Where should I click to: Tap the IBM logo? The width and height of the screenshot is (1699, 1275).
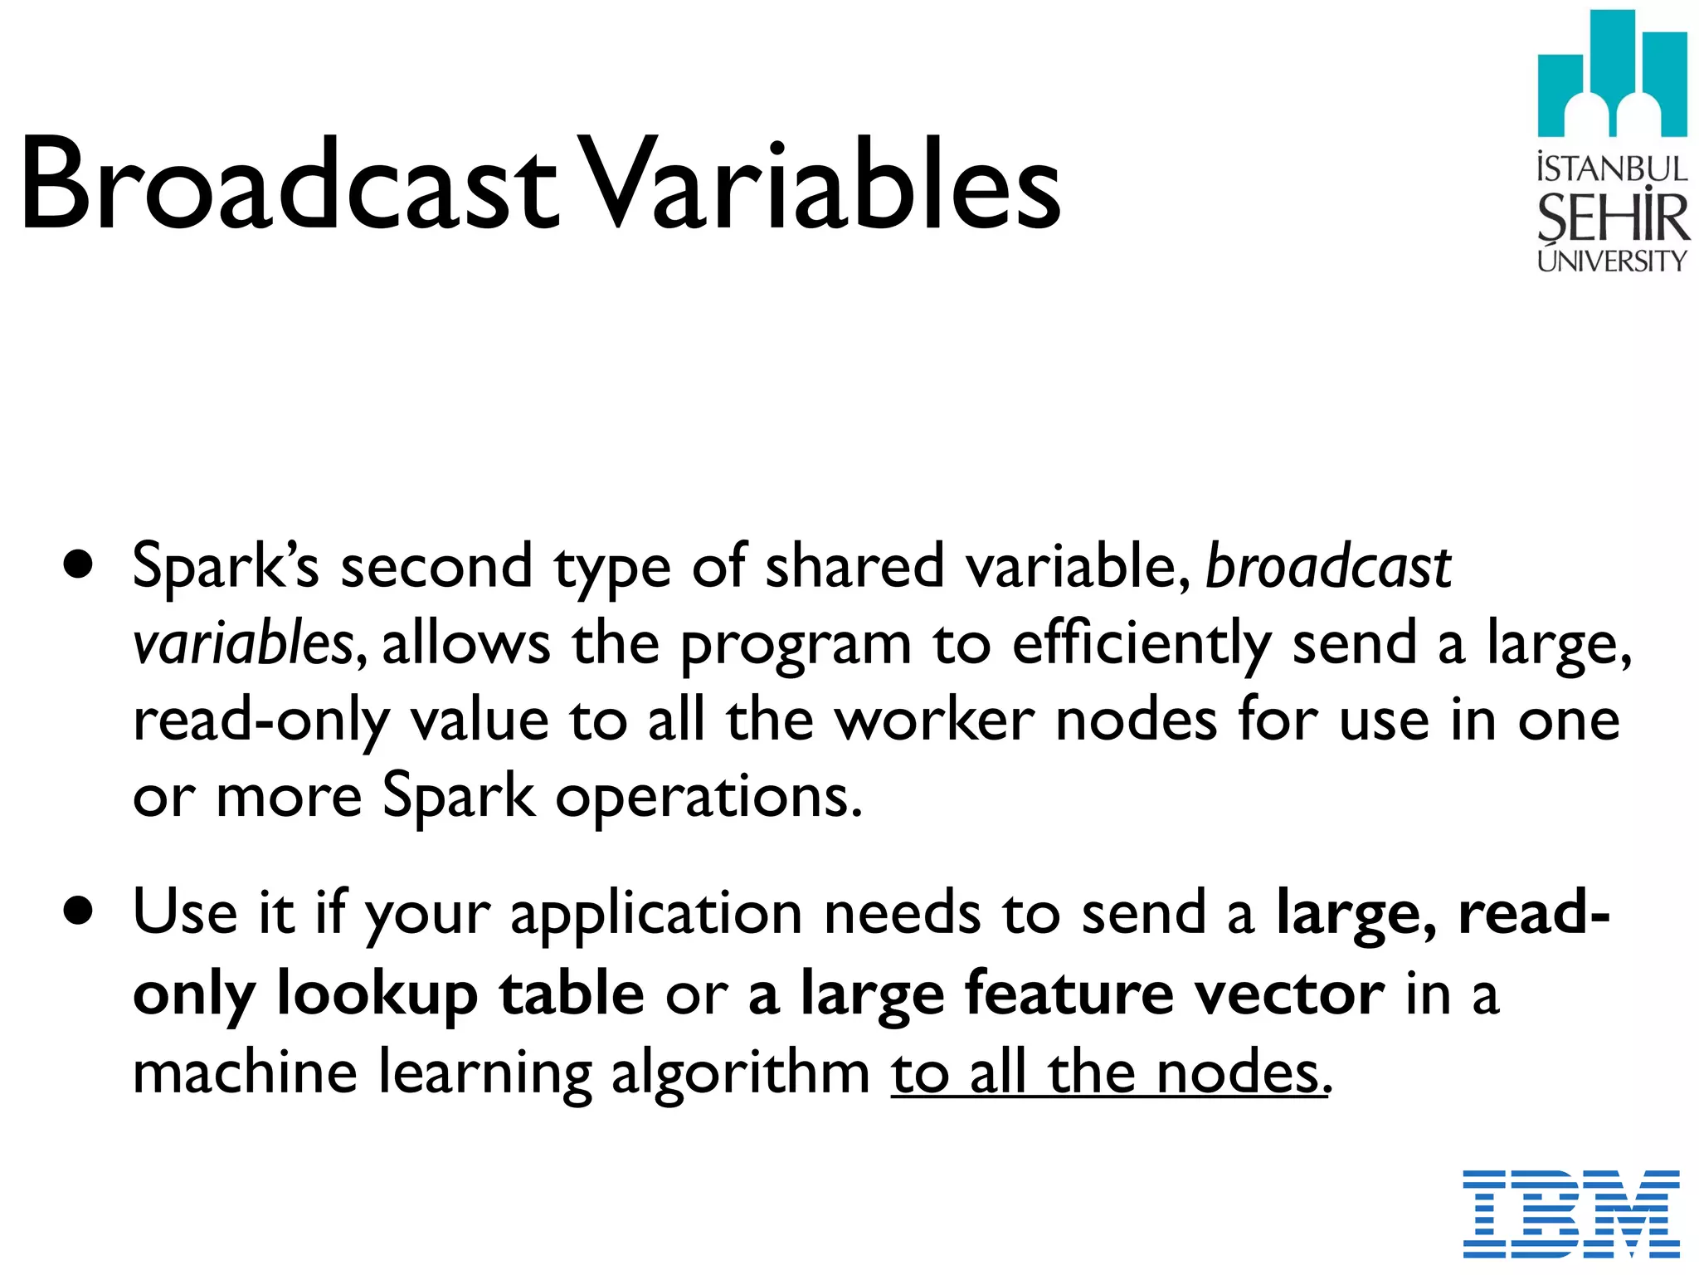click(1570, 1214)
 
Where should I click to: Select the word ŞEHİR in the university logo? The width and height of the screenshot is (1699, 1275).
click(1612, 217)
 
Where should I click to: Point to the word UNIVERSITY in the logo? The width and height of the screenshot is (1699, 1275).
click(1612, 261)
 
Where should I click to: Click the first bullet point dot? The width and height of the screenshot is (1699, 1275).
click(78, 566)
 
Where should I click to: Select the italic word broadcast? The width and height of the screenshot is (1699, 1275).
click(1327, 566)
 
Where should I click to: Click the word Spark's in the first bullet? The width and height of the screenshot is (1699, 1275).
click(226, 566)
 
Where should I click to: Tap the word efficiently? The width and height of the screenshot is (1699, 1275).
click(1142, 643)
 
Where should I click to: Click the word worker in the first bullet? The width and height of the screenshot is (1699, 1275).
click(934, 720)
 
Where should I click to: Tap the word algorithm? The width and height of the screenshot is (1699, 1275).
click(740, 1072)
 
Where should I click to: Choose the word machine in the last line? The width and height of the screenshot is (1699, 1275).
click(246, 1072)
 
